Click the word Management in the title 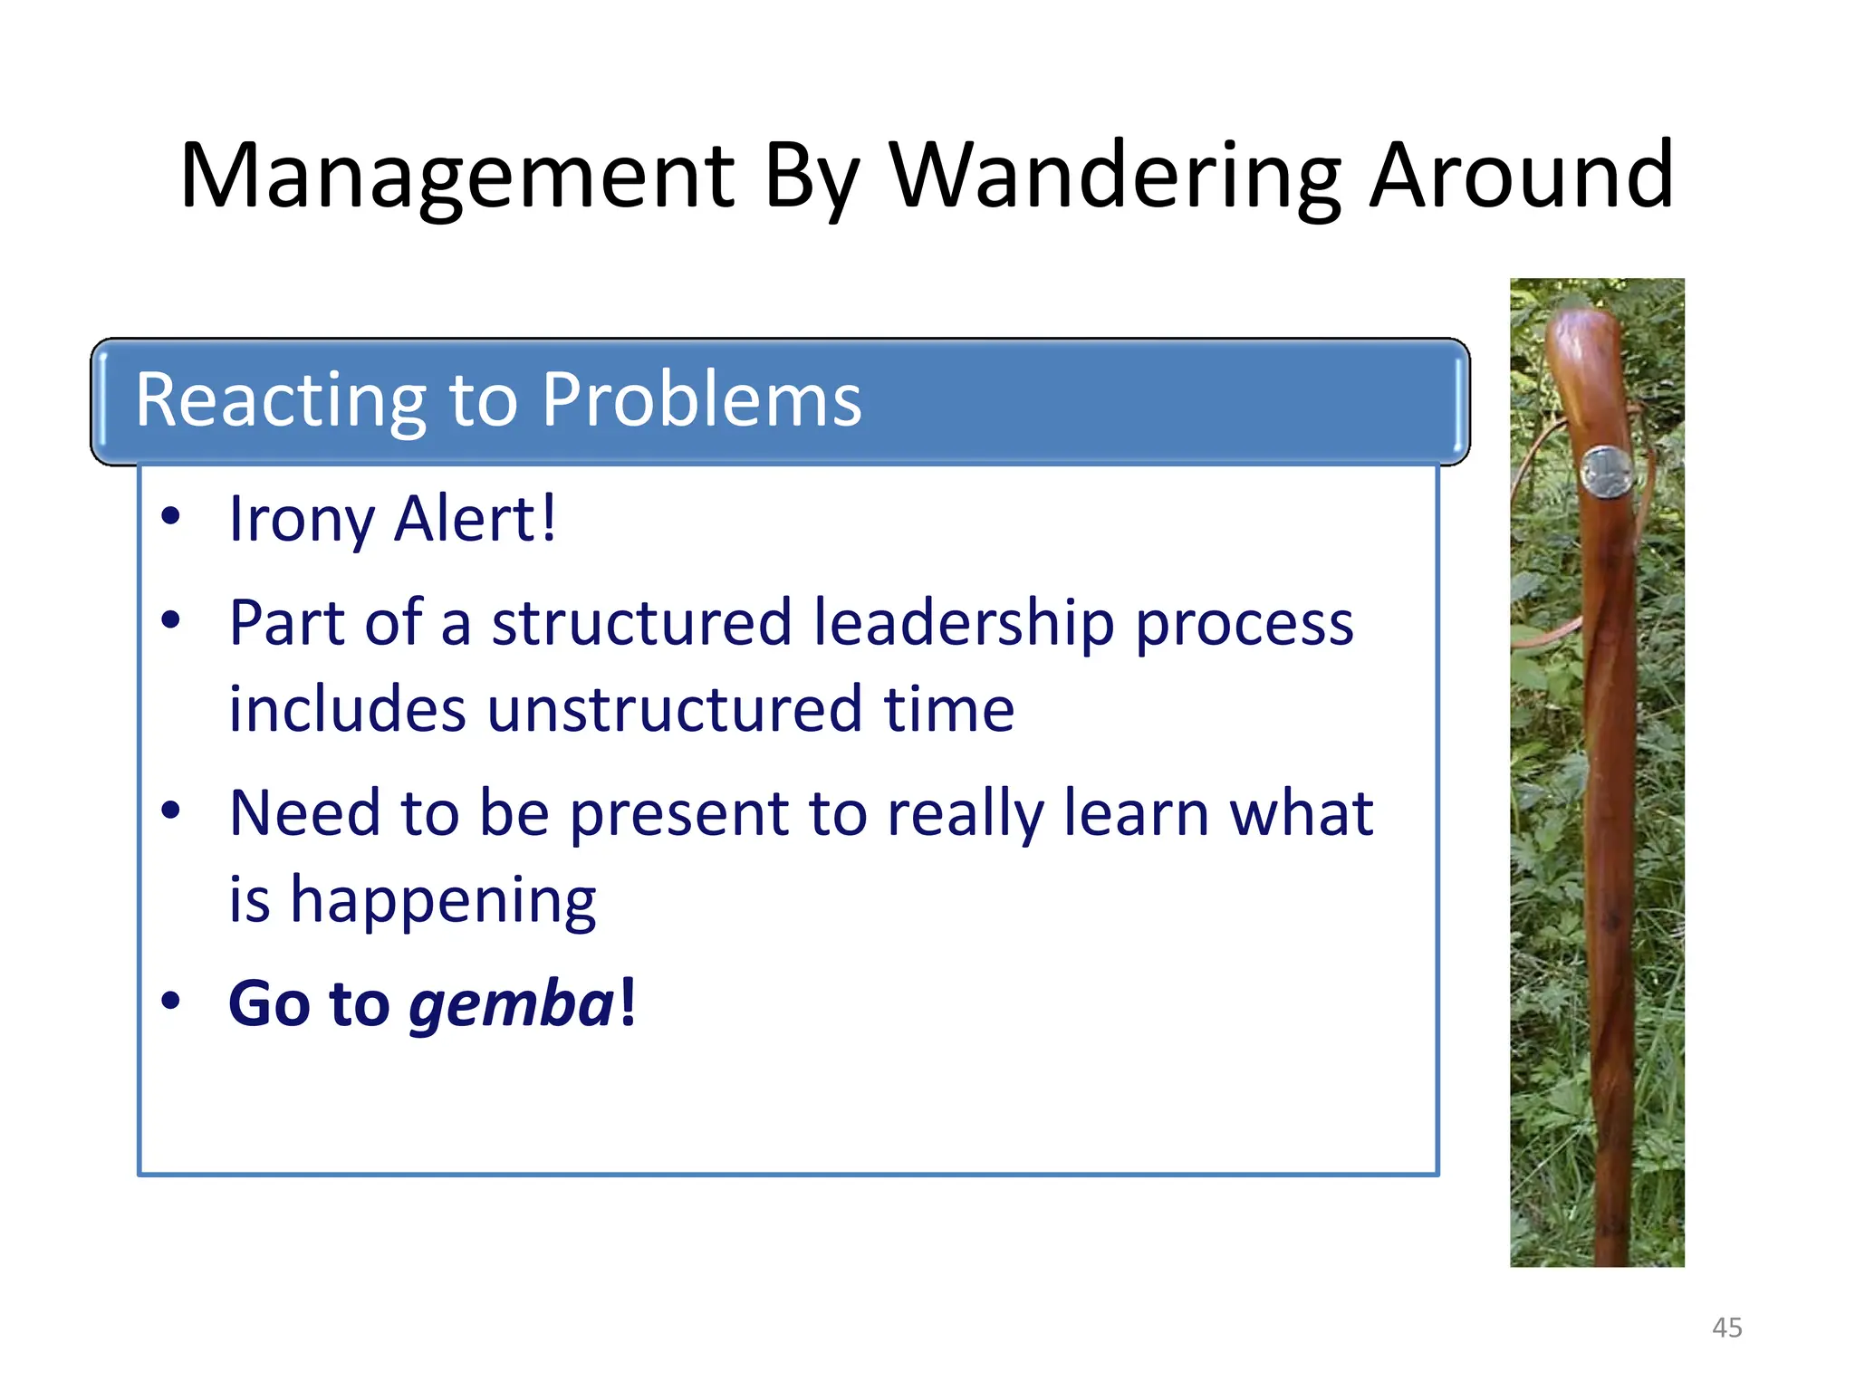[x=457, y=177]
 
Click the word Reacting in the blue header [x=282, y=400]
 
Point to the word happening [x=443, y=900]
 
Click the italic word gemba [x=513, y=1004]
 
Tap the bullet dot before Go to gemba [x=170, y=1001]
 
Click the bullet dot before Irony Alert [x=170, y=516]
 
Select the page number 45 [x=1726, y=1328]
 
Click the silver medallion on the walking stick [x=1606, y=472]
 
